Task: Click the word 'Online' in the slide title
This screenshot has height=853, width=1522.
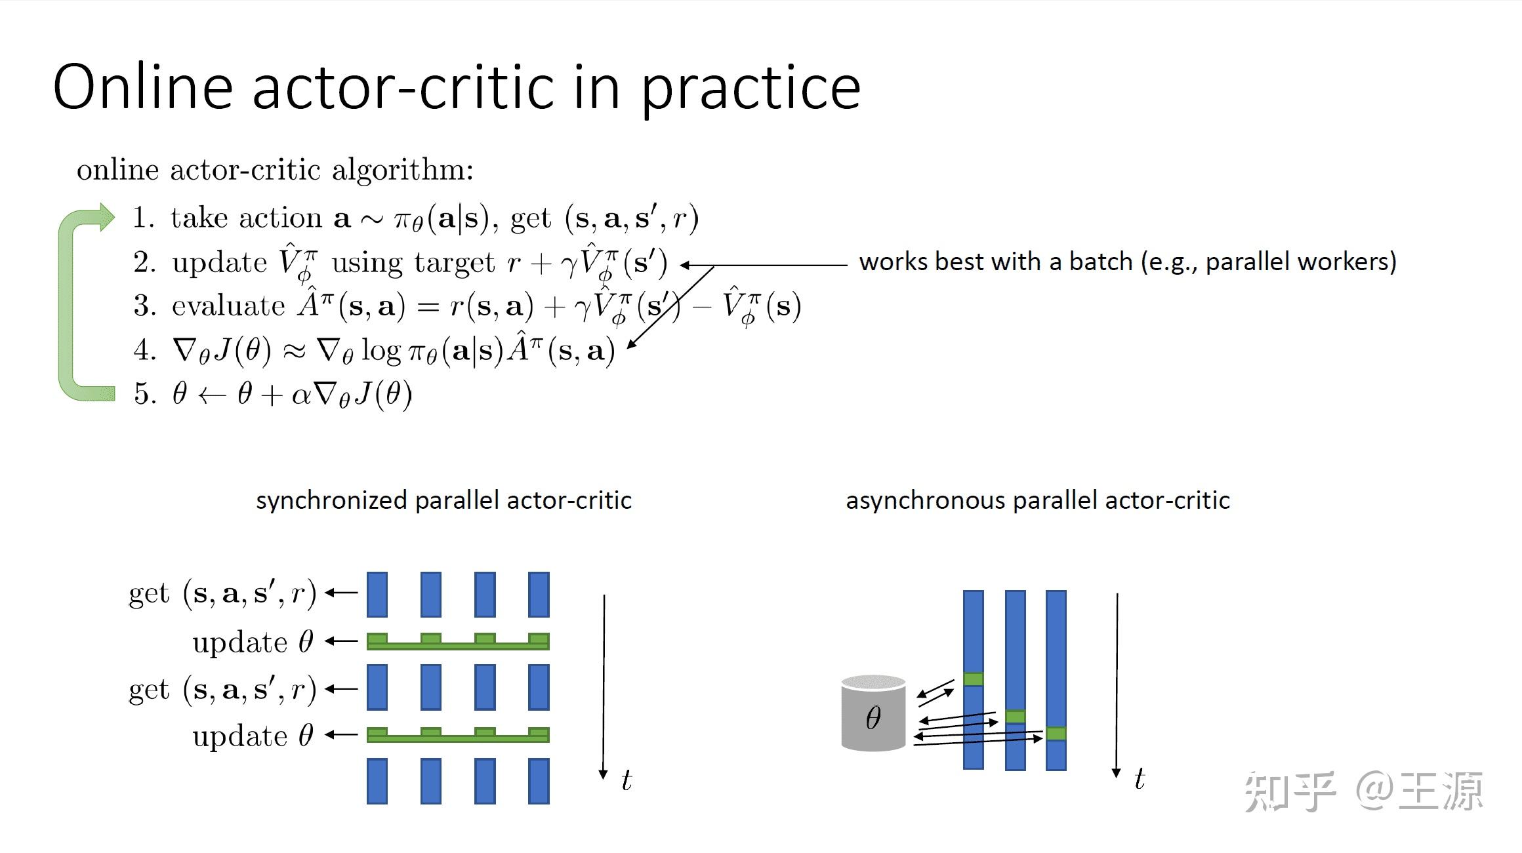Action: click(x=143, y=87)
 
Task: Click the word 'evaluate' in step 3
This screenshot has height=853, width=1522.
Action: click(x=228, y=306)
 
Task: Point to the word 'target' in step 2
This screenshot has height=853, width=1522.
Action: click(x=455, y=263)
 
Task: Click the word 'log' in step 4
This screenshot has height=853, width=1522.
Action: click(x=380, y=351)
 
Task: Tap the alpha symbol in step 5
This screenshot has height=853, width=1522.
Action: click(x=301, y=395)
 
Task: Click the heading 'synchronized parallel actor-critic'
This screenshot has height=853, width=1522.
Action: click(x=444, y=500)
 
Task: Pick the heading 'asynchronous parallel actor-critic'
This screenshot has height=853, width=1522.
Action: click(x=1038, y=500)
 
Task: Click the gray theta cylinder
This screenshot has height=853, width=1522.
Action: click(x=873, y=713)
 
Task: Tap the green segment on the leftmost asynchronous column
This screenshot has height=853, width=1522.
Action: click(x=974, y=679)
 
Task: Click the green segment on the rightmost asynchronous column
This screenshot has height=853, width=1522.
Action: click(x=1056, y=734)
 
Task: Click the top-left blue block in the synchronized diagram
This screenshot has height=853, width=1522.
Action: click(x=377, y=595)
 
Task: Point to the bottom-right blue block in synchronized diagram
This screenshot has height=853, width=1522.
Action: click(x=539, y=782)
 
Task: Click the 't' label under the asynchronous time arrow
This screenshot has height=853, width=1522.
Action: click(x=1140, y=779)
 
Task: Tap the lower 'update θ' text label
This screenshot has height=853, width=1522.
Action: click(x=253, y=736)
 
